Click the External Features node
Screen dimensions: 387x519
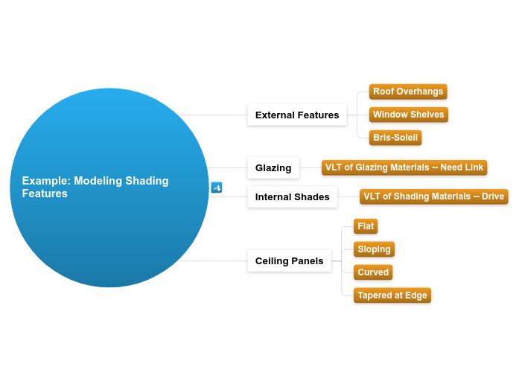[296, 115]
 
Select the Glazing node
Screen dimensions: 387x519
[273, 167]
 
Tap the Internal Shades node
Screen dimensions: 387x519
[292, 197]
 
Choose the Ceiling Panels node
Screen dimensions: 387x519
[289, 260]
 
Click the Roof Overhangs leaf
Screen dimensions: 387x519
[408, 92]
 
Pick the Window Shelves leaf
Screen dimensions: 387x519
[408, 115]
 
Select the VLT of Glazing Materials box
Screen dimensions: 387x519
[404, 167]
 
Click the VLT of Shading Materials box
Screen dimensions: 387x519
[433, 196]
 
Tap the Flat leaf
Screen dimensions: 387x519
[366, 226]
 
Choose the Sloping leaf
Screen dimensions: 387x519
[374, 249]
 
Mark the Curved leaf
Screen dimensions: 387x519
[373, 272]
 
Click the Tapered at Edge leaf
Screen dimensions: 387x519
[392, 295]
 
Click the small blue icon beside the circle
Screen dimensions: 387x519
[217, 188]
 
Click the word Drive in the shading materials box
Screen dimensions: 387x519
[493, 196]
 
